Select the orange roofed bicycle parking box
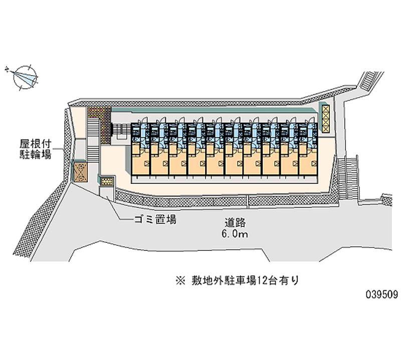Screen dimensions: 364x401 (79, 170)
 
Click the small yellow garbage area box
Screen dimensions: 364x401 (107, 180)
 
